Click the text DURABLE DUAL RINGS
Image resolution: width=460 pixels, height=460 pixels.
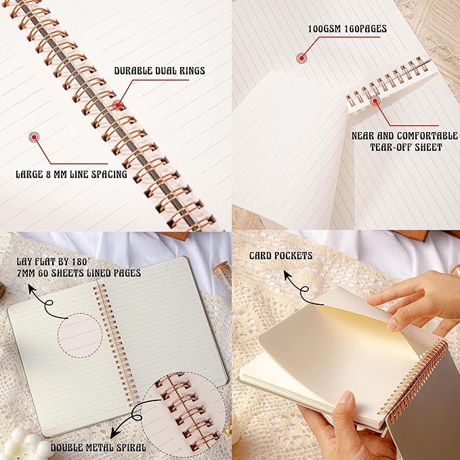pyautogui.click(x=159, y=70)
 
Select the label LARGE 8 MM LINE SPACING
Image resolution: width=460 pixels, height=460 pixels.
pyautogui.click(x=72, y=174)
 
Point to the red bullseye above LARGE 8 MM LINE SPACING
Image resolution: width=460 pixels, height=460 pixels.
pyautogui.click(x=33, y=137)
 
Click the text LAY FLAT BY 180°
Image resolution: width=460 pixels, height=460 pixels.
pyautogui.click(x=62, y=261)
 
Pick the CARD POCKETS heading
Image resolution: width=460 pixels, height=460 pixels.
pyautogui.click(x=280, y=255)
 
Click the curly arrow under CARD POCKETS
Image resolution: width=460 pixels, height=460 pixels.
pyautogui.click(x=296, y=287)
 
